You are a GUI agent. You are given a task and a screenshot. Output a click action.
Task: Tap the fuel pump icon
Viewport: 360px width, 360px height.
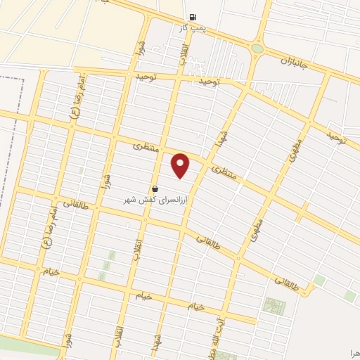(192, 17)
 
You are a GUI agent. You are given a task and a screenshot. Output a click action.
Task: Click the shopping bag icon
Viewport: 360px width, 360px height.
(155, 188)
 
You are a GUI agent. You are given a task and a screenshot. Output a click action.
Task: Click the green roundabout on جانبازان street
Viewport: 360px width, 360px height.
(257, 49)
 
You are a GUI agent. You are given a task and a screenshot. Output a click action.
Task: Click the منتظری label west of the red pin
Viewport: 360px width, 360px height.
(147, 148)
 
